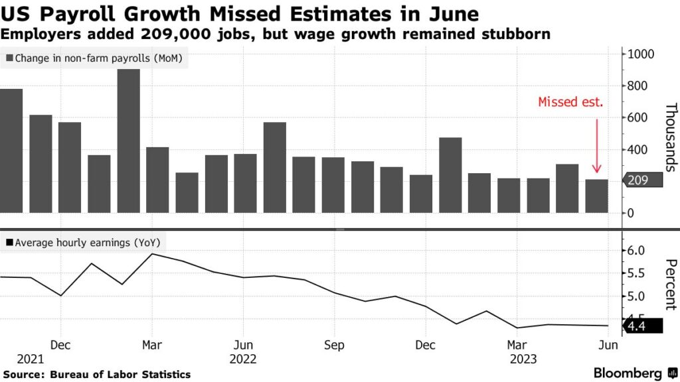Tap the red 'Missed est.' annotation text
tap(570, 102)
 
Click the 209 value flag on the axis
tap(642, 180)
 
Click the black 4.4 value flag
tap(642, 326)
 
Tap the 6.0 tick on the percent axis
tap(636, 251)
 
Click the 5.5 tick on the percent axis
tap(636, 273)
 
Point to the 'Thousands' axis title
tap(669, 138)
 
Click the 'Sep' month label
tap(334, 346)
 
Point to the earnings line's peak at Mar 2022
tap(152, 253)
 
